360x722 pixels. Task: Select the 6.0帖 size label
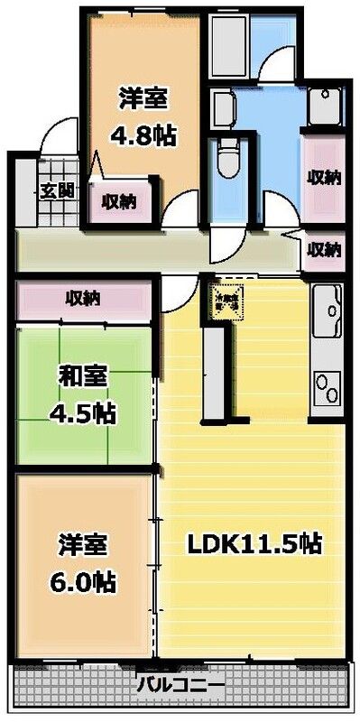point(85,577)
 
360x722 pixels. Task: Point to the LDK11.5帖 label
point(255,545)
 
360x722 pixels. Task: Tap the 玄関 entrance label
point(50,190)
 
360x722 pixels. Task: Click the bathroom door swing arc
point(276,68)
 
